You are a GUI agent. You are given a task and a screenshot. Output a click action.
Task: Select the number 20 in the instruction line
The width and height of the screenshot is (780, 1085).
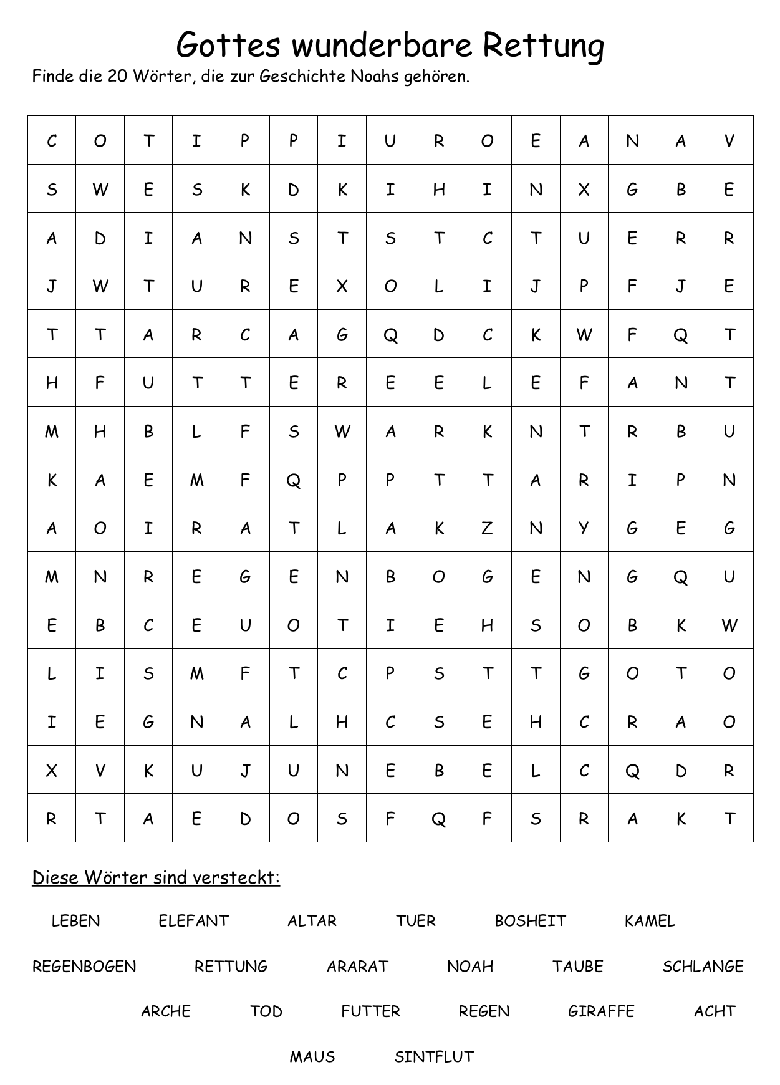[117, 77]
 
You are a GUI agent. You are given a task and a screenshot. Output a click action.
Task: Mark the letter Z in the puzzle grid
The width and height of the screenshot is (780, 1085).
[487, 528]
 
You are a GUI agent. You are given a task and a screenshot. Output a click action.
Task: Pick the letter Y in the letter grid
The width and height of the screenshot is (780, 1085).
[584, 528]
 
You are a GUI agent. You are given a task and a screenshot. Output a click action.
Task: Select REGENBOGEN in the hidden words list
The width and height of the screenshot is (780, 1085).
[84, 967]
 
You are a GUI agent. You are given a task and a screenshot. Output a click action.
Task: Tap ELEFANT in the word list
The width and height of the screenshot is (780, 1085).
[193, 921]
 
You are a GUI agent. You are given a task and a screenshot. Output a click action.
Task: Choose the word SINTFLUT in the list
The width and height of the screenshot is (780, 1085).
[434, 1057]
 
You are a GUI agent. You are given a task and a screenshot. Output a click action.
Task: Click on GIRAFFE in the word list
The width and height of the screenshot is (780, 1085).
[601, 1011]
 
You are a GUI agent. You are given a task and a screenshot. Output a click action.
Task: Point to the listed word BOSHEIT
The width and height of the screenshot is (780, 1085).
[530, 921]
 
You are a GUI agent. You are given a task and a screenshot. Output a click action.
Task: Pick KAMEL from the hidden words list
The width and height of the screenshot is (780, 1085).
[650, 921]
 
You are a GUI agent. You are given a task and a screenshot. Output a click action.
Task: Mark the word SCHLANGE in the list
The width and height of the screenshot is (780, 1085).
[703, 967]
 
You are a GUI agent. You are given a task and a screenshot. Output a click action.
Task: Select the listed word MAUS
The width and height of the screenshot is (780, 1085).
[312, 1057]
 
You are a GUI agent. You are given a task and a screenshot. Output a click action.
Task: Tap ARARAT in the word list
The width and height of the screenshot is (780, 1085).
[357, 967]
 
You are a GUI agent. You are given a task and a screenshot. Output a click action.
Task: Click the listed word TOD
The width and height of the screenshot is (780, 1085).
[266, 1011]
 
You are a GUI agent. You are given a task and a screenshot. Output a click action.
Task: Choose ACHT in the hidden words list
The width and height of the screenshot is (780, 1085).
[715, 1011]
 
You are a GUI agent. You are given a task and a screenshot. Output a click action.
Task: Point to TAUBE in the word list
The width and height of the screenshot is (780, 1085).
[577, 967]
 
